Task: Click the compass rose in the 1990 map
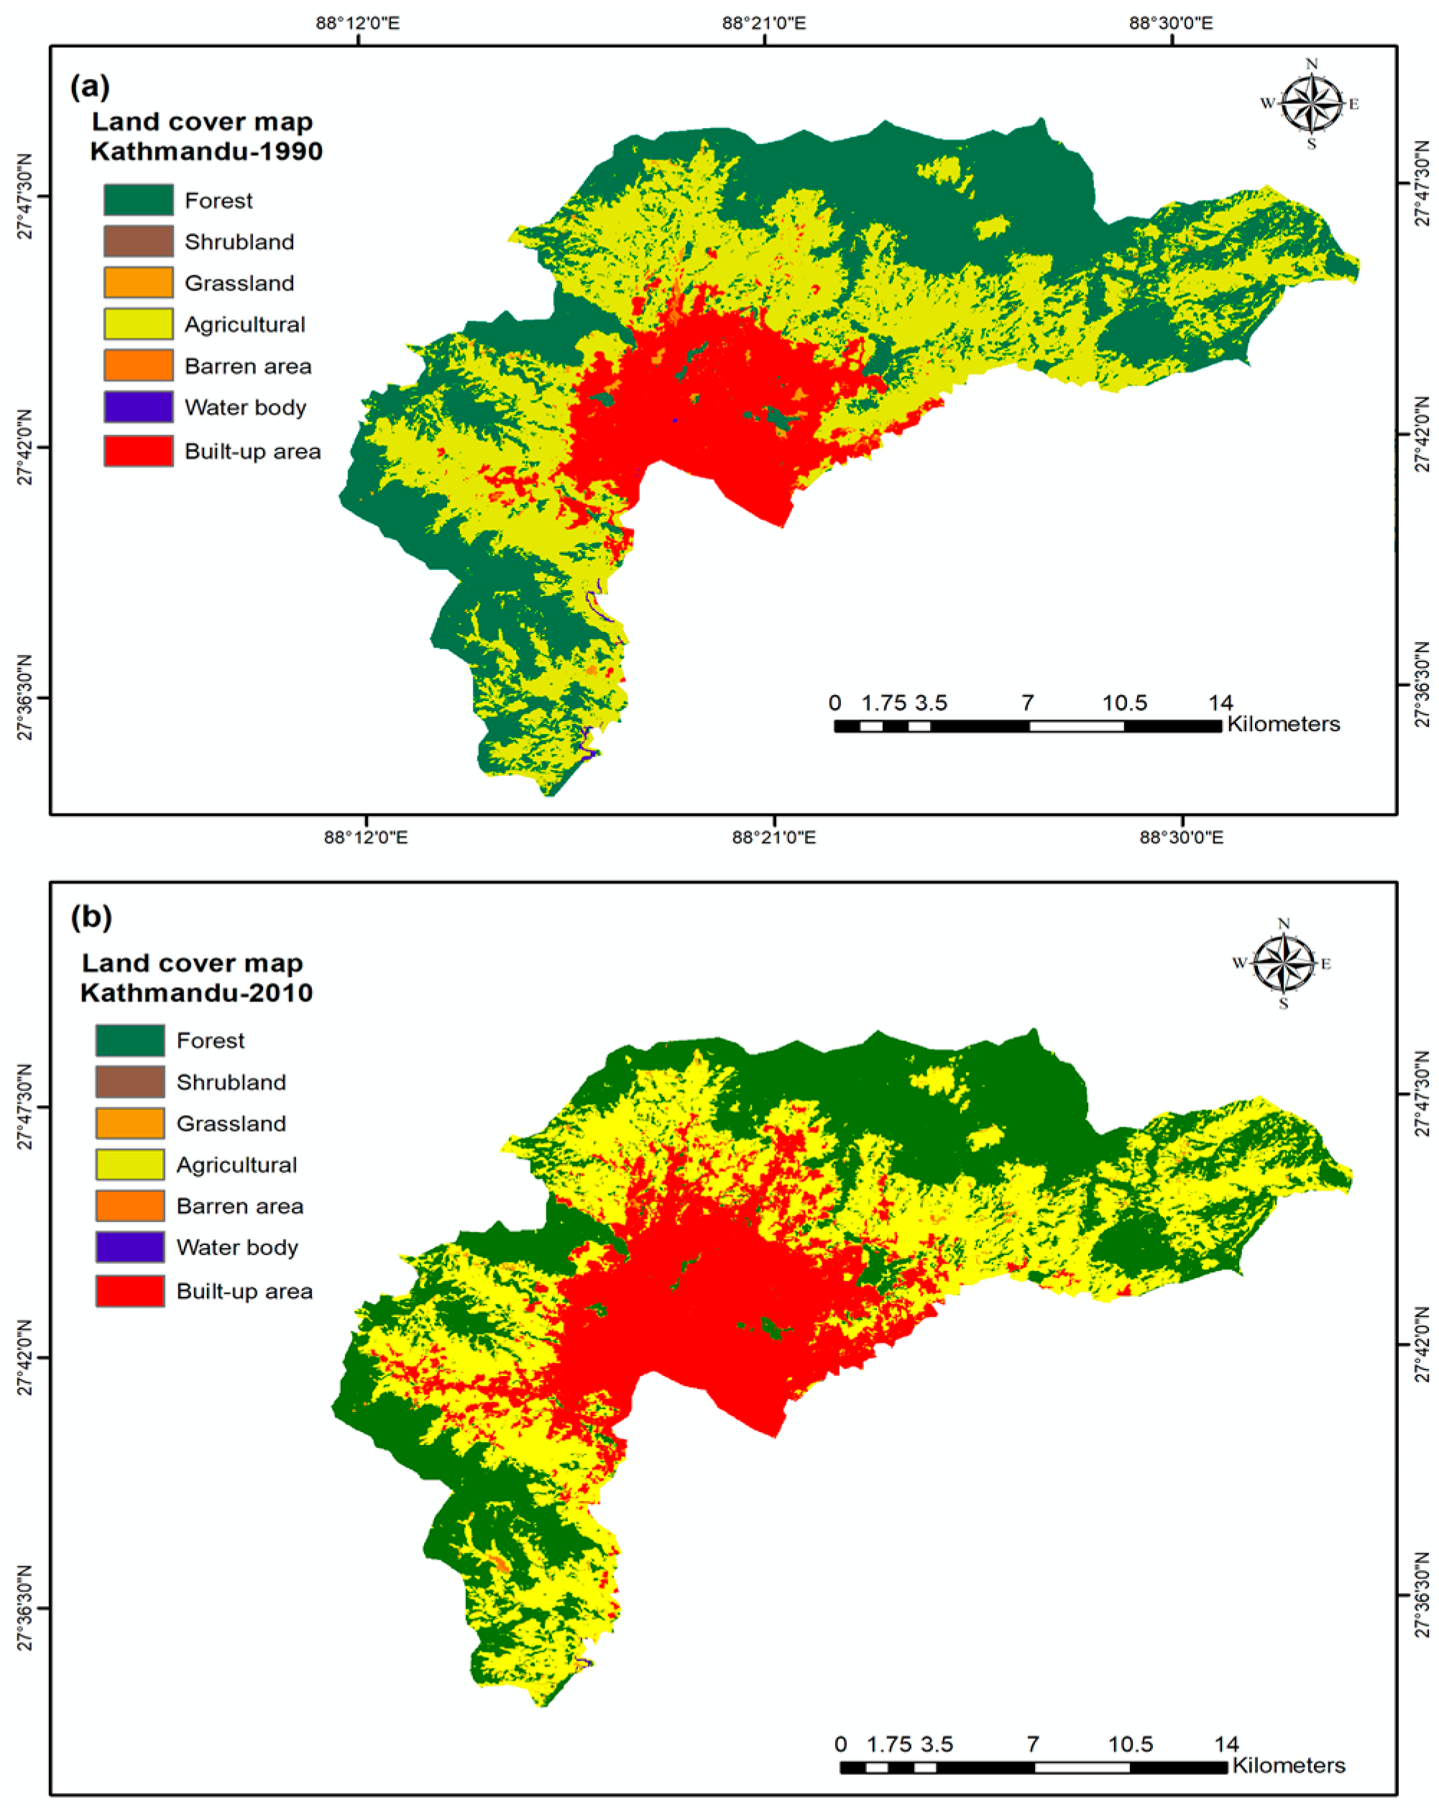pos(1311,105)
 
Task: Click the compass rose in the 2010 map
pos(1283,963)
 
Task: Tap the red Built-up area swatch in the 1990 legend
pos(138,451)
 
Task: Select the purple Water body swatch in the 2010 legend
pos(130,1247)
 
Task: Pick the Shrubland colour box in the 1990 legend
pos(138,242)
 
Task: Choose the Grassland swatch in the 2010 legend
pos(130,1123)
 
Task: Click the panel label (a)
pos(90,86)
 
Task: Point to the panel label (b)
pos(91,917)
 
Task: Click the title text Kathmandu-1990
pos(206,152)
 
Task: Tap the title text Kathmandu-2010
pos(196,993)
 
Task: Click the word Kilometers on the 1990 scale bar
pos(1283,724)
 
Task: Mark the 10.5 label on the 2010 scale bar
pos(1130,1744)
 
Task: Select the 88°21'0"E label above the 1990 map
pos(763,22)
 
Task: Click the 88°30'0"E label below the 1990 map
pos(1181,837)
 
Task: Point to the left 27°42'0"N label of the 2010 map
pos(24,1357)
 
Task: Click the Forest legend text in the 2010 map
pos(211,1041)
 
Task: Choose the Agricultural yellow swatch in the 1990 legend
pos(138,323)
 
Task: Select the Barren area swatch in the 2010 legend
pos(130,1206)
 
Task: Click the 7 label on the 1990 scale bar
pos(1027,703)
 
